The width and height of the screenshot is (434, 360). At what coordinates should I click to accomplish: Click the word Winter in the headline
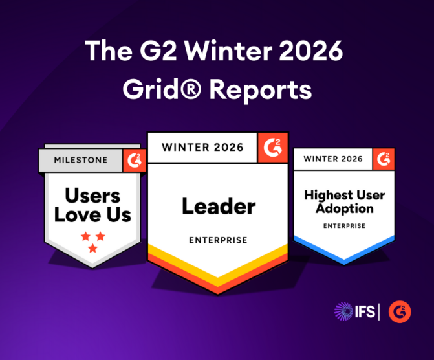tap(228, 51)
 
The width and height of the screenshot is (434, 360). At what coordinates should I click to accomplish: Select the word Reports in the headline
tap(260, 91)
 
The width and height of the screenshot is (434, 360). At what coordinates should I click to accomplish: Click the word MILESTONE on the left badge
tap(81, 160)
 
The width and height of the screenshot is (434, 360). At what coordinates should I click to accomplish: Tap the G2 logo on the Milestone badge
tap(135, 161)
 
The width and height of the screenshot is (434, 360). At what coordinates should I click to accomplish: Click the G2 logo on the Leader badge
tap(273, 148)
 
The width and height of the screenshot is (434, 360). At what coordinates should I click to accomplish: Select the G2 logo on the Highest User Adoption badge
tap(384, 159)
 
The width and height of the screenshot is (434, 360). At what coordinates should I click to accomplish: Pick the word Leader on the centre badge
tap(219, 206)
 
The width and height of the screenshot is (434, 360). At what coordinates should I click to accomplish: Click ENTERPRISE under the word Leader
tap(218, 240)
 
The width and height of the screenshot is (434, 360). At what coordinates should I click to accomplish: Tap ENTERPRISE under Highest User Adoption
tap(344, 226)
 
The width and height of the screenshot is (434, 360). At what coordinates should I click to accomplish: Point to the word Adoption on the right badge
tap(345, 208)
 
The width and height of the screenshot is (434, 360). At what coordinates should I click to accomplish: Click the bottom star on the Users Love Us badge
tap(92, 249)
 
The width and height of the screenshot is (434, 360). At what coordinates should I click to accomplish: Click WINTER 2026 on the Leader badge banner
tap(202, 147)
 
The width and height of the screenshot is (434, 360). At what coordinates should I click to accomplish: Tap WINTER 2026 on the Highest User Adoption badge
tap(333, 159)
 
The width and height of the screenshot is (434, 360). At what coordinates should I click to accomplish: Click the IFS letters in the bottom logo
tap(365, 311)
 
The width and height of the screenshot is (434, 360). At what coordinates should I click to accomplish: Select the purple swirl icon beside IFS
tap(343, 311)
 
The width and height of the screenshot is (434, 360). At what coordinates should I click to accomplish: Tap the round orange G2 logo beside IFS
tap(400, 312)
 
